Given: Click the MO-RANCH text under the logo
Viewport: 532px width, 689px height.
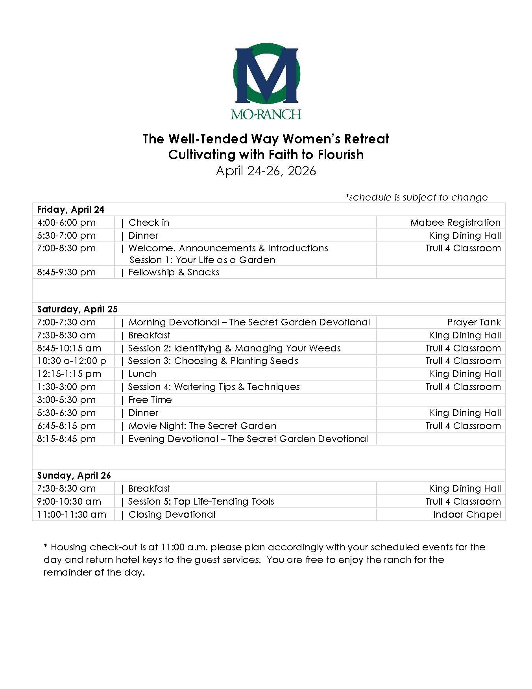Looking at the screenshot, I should click(266, 114).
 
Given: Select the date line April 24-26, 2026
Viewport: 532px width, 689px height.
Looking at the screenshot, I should click(266, 171).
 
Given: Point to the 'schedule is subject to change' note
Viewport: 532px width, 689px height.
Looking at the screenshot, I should click(416, 197).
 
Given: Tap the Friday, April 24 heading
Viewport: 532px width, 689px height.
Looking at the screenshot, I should click(71, 210).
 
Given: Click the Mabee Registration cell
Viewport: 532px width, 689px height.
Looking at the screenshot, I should click(455, 223).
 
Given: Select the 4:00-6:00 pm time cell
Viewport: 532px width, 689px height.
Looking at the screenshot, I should click(66, 223).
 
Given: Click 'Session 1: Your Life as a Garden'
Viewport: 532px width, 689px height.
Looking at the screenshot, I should click(202, 260).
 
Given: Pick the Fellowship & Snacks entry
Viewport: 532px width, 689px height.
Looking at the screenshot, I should click(174, 272).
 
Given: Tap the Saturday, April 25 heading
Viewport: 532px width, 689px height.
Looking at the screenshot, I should click(78, 309).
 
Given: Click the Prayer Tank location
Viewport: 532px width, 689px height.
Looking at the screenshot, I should click(474, 322).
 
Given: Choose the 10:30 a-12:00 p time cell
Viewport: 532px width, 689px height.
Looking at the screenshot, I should click(72, 361).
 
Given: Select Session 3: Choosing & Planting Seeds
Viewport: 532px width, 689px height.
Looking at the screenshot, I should click(213, 361).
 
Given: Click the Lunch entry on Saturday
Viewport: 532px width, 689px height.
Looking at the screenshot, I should click(142, 374).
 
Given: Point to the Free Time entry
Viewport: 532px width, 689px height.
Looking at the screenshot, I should click(150, 400).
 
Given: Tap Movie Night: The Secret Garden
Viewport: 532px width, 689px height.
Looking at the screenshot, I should click(202, 426).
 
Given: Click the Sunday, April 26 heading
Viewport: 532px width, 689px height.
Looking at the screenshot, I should click(74, 475).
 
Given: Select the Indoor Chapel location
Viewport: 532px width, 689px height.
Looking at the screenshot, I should click(467, 514).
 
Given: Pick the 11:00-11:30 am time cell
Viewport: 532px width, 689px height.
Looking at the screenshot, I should click(72, 514).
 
